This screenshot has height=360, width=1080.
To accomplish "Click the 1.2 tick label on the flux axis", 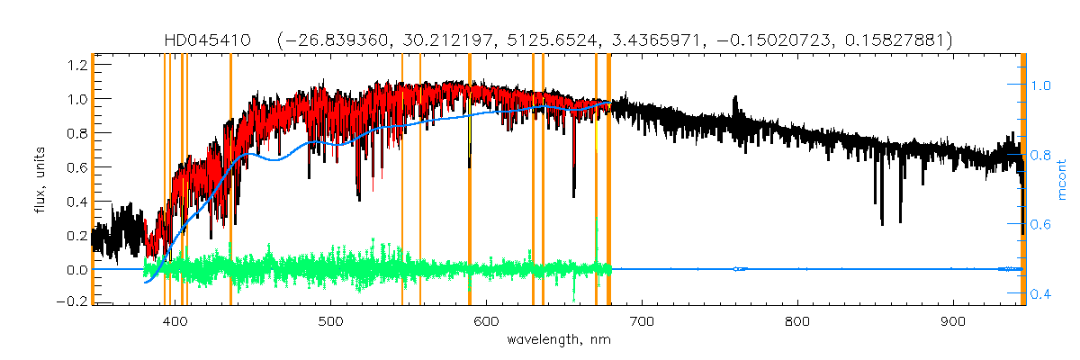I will [x=76, y=65].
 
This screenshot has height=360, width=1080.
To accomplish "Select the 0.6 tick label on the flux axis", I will [x=76, y=166].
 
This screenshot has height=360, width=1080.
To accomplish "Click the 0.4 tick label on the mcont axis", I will [x=1040, y=294].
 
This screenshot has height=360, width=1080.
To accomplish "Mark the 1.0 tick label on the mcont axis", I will [x=1040, y=86].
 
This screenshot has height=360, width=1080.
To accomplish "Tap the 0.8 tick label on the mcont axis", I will [x=1040, y=156].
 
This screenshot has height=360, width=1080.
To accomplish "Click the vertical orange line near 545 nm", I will [x=401, y=180].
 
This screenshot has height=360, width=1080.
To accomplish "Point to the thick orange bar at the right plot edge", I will [x=1022, y=180].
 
